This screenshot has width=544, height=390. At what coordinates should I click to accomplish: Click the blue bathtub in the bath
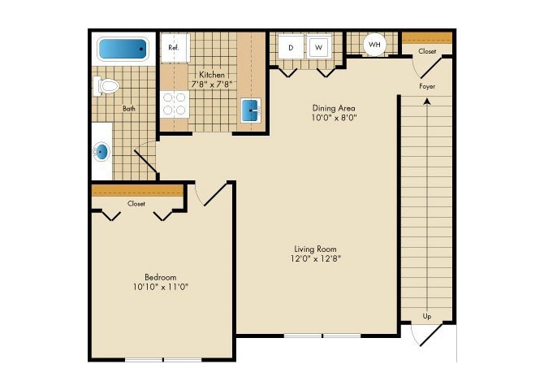124,50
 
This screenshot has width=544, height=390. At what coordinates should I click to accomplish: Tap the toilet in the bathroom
107,84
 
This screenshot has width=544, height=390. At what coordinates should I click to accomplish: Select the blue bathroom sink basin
102,151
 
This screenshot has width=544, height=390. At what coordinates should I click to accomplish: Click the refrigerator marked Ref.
174,47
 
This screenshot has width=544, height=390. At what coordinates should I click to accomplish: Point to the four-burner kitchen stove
175,103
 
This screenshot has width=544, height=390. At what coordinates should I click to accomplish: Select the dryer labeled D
291,47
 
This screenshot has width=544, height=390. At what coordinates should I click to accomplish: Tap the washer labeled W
320,47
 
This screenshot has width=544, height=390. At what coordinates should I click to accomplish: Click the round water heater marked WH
374,44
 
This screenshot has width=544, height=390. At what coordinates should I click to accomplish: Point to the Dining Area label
335,107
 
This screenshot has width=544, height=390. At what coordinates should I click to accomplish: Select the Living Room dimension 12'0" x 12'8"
316,260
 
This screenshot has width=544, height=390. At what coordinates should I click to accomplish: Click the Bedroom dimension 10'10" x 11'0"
161,287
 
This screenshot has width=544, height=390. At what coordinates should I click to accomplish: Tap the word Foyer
428,86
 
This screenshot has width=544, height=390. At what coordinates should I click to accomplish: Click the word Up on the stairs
426,315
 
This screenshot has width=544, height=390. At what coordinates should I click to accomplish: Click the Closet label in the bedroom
136,204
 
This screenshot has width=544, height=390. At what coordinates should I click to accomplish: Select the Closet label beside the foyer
426,51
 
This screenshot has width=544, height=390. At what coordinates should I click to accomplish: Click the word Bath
129,107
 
